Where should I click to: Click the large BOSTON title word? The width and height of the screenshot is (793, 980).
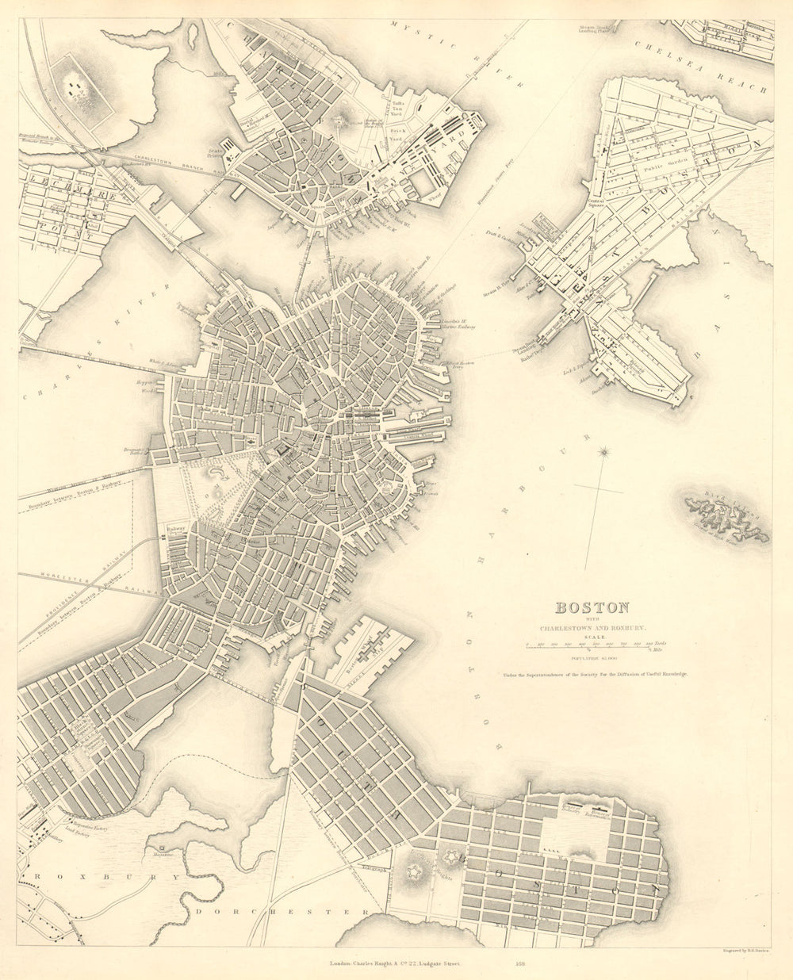[592, 608]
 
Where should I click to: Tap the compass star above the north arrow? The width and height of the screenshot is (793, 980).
[605, 453]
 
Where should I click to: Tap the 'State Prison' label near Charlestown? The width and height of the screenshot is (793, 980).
[215, 151]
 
